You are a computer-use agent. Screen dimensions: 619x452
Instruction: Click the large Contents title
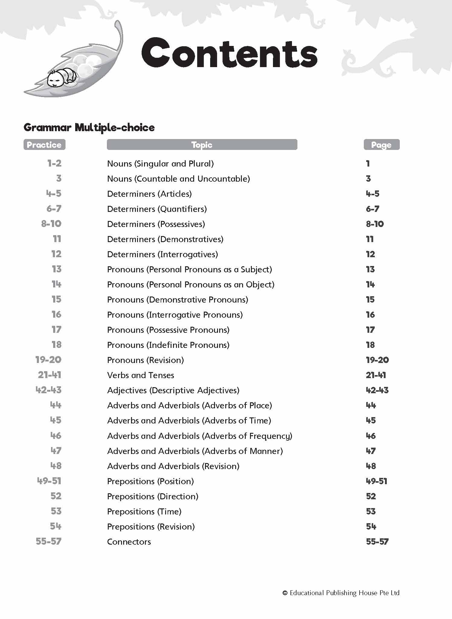229,53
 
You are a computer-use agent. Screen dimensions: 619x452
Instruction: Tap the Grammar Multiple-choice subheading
89,128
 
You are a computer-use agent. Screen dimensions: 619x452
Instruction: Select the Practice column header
44,145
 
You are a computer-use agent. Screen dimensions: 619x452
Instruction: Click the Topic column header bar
202,145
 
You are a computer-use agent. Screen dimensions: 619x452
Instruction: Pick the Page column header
381,145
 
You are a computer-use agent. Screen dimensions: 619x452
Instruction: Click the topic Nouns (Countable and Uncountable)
178,179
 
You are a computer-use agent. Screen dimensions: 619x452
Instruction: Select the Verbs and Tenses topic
141,375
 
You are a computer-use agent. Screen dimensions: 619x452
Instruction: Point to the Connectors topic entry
129,542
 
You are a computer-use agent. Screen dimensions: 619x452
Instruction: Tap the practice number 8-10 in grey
51,224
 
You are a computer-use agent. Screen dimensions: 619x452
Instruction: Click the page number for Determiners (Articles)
373,194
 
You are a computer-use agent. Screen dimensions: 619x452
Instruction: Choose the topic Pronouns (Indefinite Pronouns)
168,345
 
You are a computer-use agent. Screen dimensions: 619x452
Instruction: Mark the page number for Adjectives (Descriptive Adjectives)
377,390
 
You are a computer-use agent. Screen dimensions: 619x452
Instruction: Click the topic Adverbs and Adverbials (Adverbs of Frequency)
200,436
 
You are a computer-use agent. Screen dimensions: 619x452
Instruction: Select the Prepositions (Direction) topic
153,496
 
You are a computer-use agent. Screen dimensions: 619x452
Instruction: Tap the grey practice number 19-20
48,360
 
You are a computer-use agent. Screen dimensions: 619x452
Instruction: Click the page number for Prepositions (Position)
376,481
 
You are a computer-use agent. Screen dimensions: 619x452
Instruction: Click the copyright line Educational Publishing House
341,593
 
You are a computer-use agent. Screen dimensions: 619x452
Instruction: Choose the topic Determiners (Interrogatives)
162,254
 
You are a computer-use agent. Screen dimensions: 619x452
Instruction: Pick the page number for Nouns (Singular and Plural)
368,164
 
